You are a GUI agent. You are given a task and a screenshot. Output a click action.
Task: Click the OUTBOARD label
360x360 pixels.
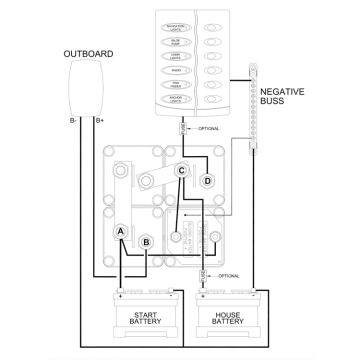click(88, 54)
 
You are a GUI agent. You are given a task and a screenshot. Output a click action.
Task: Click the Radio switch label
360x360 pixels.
click(175, 70)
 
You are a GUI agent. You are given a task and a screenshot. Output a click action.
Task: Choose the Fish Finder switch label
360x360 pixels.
click(175, 84)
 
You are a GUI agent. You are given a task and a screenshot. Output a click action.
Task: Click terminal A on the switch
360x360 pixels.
click(120, 231)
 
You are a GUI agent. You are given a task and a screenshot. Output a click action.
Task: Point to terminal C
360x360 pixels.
click(182, 170)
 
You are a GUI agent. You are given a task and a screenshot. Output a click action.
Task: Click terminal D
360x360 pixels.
click(206, 180)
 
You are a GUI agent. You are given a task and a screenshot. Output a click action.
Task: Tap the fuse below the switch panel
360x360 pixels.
click(183, 128)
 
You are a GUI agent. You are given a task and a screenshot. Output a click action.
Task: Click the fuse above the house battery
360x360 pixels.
click(203, 276)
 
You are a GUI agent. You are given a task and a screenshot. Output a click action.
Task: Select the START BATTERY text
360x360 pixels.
click(145, 318)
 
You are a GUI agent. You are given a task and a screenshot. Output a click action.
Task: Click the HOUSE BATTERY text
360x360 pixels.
click(227, 318)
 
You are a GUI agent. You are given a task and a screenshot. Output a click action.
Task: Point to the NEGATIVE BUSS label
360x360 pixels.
click(281, 96)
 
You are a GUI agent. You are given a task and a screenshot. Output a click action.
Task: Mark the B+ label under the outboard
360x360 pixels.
click(99, 120)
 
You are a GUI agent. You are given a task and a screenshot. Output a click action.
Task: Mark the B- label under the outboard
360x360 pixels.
click(73, 120)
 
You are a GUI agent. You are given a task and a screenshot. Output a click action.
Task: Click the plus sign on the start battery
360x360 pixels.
click(120, 295)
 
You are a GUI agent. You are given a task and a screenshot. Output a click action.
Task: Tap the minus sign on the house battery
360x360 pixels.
click(253, 295)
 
